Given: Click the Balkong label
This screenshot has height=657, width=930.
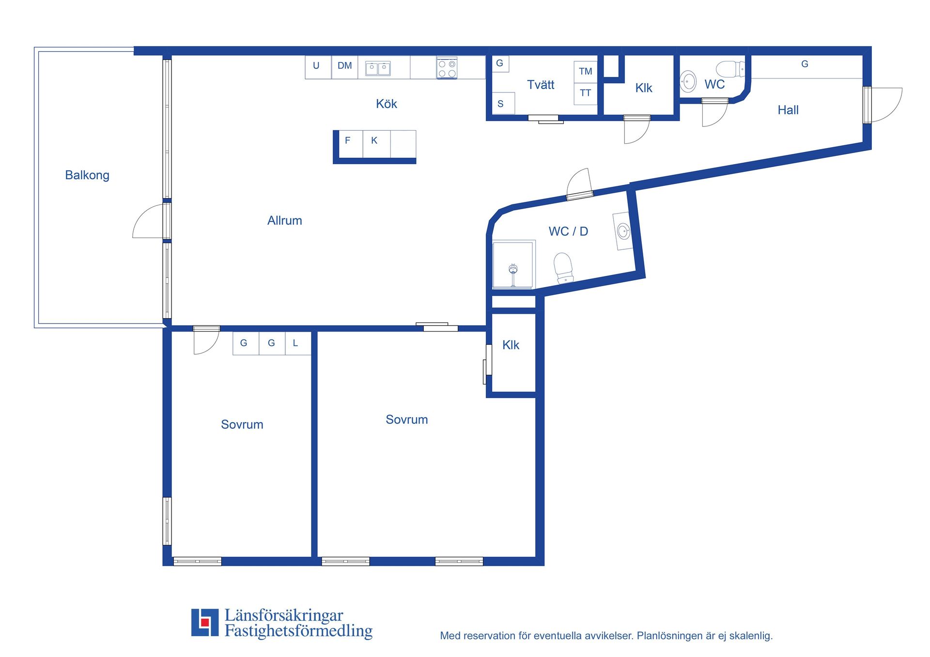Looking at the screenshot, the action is click(87, 175).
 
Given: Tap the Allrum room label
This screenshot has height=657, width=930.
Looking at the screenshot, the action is click(285, 221).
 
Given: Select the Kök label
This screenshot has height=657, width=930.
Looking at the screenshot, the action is click(387, 104).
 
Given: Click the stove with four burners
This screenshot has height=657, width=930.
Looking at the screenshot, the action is click(447, 68).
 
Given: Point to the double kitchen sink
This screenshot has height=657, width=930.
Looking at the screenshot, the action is click(378, 68).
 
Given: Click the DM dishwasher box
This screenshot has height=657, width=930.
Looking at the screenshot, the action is click(345, 67).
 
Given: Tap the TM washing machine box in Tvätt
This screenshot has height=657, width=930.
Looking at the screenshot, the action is click(586, 72).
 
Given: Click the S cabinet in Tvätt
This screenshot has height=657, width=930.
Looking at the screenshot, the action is click(503, 103).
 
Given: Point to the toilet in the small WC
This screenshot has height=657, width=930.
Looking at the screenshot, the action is click(730, 69).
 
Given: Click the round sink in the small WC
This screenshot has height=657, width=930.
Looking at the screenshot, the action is click(688, 81).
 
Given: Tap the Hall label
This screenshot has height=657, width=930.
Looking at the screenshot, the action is click(788, 110).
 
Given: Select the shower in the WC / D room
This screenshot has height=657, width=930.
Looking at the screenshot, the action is click(513, 265).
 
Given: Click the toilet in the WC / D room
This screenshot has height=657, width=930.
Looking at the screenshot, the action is click(564, 268).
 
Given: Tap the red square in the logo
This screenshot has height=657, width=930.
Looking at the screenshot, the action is click(205, 622).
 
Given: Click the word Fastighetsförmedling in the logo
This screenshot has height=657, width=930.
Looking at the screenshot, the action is click(299, 631).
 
